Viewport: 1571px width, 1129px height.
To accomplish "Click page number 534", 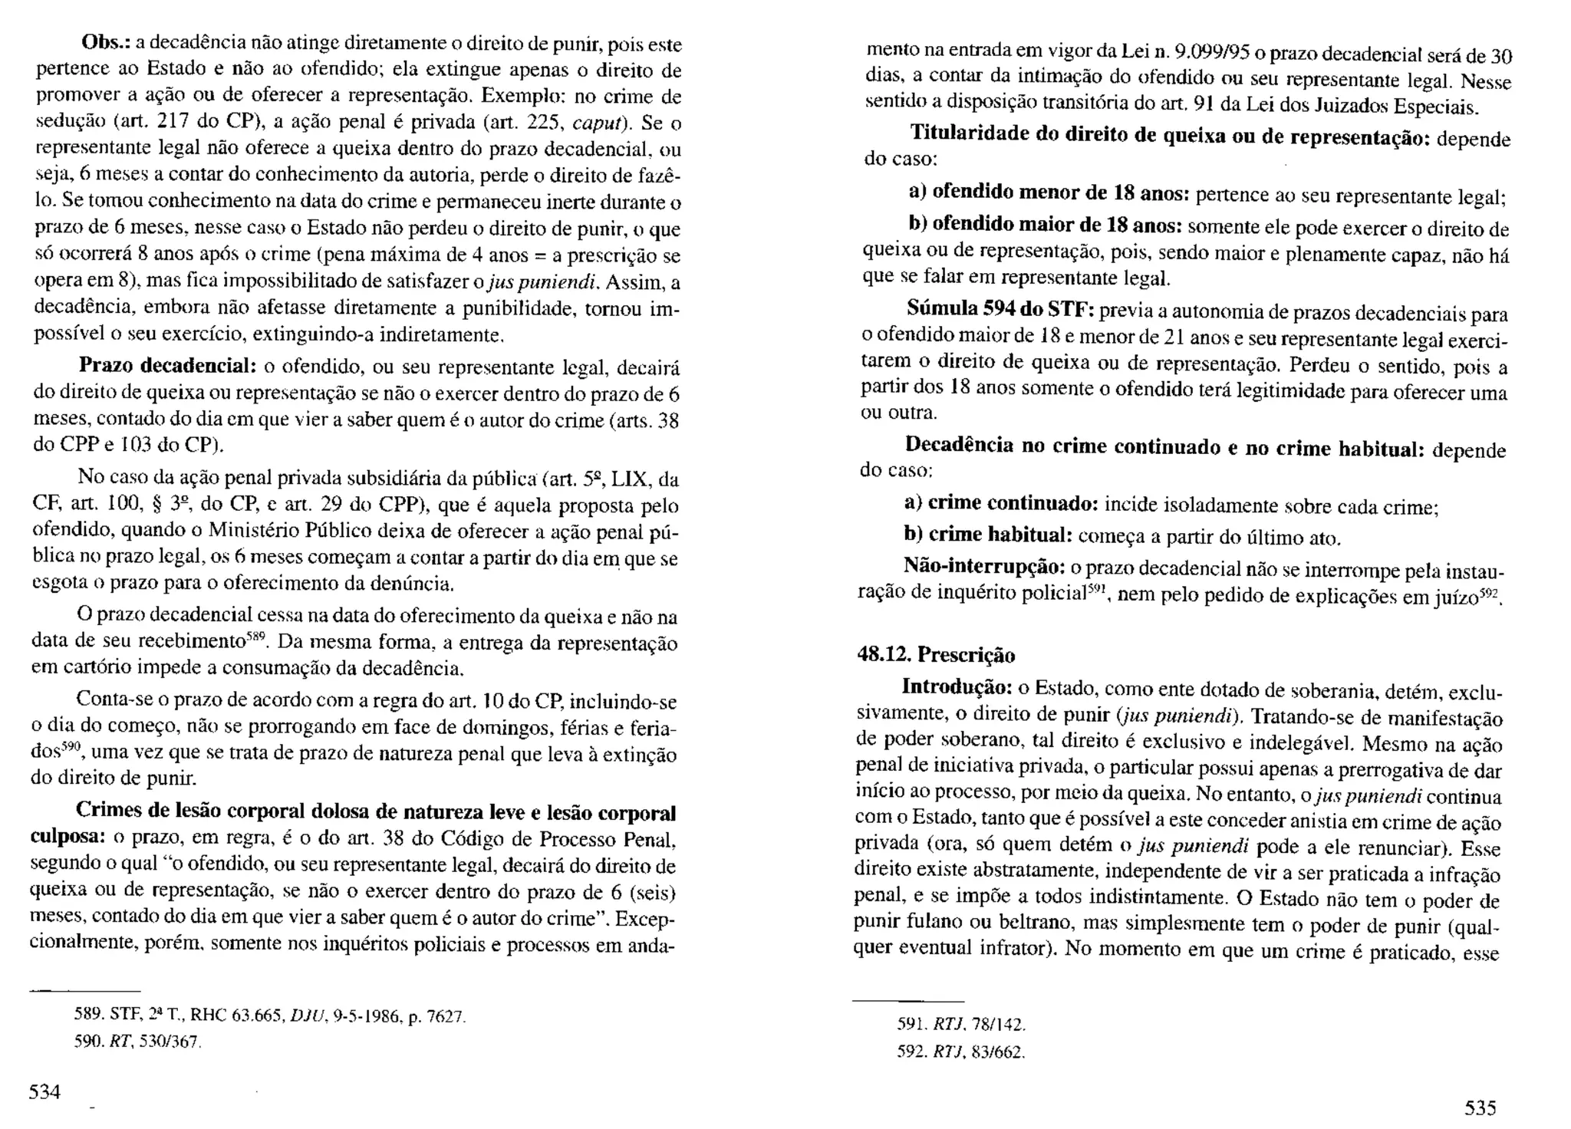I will tap(44, 1091).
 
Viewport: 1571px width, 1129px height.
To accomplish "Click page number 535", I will tap(1480, 1108).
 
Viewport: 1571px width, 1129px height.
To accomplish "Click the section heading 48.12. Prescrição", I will tap(936, 654).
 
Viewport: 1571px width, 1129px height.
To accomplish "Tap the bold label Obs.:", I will tap(107, 44).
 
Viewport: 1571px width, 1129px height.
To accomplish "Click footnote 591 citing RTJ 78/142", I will tap(961, 1024).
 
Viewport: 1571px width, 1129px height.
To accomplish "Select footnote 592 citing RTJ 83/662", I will tap(961, 1052).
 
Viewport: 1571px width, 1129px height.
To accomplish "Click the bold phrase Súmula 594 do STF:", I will tap(1001, 309).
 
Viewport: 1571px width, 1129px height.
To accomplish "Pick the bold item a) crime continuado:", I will tap(1002, 503).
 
